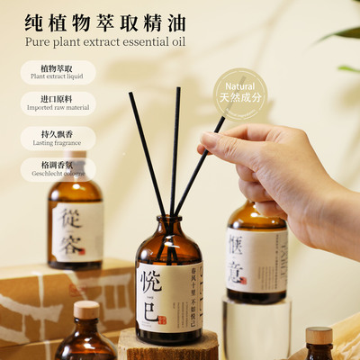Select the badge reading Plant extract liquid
click(58, 72)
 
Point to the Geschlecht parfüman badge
click(58, 169)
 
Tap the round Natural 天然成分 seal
click(241, 93)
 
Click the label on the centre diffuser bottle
click(169, 293)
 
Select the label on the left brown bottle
click(76, 231)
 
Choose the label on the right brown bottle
click(256, 260)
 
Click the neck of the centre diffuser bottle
click(170, 225)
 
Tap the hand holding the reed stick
click(288, 175)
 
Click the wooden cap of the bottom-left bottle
click(85, 310)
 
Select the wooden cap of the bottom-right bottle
click(319, 335)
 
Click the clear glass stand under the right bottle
click(256, 328)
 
